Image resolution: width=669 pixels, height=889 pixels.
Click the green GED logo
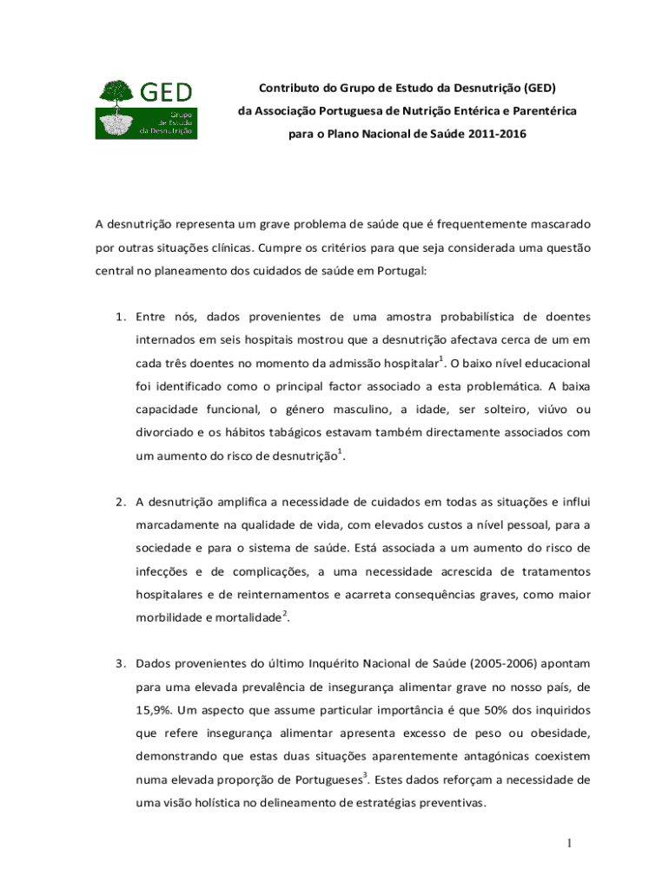(x=146, y=109)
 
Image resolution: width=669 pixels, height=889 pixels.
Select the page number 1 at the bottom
(x=566, y=844)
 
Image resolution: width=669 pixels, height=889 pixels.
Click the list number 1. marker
(x=122, y=315)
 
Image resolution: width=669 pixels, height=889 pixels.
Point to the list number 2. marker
(x=122, y=501)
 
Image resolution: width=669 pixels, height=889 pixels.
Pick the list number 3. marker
(x=122, y=663)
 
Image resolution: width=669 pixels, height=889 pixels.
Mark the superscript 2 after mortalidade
(x=286, y=614)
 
